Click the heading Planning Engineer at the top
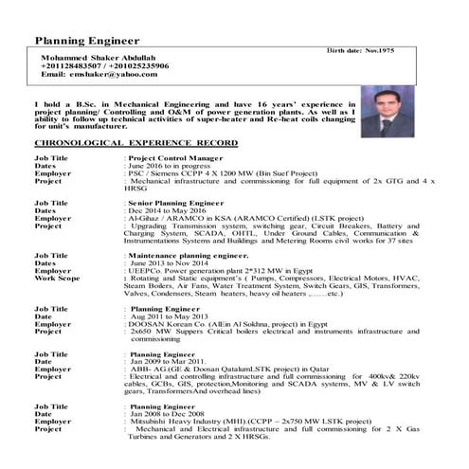tap(87, 41)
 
